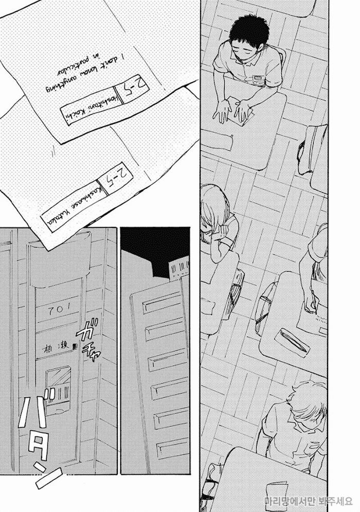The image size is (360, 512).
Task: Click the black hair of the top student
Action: pyautogui.click(x=244, y=33)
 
